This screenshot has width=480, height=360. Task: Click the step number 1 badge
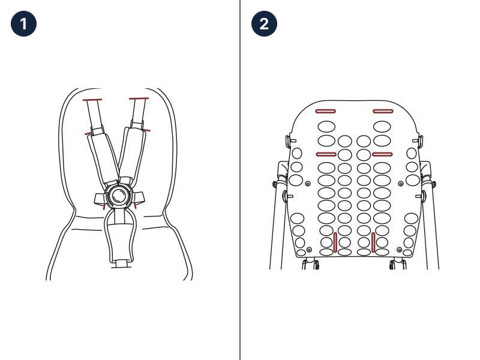point(23,24)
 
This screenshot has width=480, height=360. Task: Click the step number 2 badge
point(264,24)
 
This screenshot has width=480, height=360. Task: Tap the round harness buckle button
point(118,196)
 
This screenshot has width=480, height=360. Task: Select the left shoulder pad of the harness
point(103,156)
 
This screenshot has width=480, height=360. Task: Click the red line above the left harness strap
point(92,100)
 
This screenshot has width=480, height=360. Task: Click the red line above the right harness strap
point(139,98)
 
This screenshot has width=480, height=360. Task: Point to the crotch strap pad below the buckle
point(119,241)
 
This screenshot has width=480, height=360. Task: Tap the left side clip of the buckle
point(100,199)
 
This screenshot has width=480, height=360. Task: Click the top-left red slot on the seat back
point(325,111)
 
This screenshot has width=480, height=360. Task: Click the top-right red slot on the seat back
point(383,111)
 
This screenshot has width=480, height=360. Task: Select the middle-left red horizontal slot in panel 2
point(326,154)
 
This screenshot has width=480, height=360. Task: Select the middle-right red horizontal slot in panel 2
point(382,154)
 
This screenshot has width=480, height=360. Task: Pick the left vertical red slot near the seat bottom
point(335,242)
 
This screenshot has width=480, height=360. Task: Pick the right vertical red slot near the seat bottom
point(373,242)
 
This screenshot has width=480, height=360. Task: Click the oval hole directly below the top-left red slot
point(326,127)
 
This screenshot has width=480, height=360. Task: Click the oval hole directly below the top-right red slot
point(382,127)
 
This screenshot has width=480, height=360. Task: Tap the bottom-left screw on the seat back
point(309,250)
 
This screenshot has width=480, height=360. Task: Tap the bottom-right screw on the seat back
point(399,250)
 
